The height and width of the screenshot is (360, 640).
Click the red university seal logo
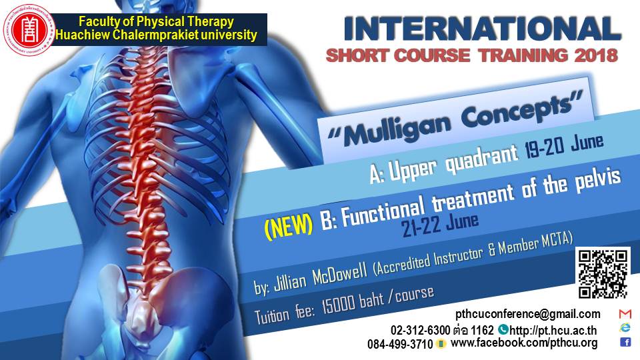pos(29,29)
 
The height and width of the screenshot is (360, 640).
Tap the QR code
pos(603,273)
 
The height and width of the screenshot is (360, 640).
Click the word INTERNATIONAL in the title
pos(482,29)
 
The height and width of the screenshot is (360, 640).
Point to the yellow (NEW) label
pos(289,226)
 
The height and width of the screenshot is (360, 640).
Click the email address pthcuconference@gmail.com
pos(528,314)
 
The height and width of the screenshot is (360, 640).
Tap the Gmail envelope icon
pos(625,313)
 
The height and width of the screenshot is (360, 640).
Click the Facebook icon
pos(625,341)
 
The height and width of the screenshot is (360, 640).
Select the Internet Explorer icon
pos(625,327)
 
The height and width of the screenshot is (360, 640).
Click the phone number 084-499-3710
pos(400,344)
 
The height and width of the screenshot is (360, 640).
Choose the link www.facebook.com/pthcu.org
pos(524,343)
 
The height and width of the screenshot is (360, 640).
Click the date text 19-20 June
pos(564,146)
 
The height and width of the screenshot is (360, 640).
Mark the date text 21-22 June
pos(439,224)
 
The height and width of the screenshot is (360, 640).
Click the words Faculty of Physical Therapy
pos(156,21)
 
